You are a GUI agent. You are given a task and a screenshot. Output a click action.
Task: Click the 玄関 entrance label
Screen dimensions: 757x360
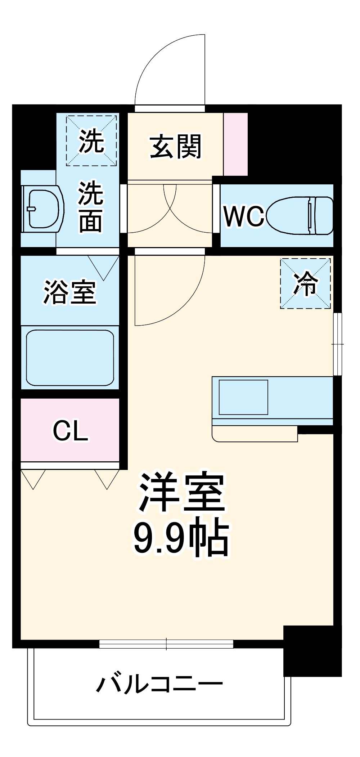coord(175,147)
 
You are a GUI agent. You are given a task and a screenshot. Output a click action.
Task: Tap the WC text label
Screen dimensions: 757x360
coord(244,216)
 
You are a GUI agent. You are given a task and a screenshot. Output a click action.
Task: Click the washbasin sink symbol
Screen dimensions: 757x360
coord(42,209)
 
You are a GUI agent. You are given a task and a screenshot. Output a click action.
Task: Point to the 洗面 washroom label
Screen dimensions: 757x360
coord(91,207)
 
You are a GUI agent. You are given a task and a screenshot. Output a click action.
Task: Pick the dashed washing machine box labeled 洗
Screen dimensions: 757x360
coord(91,141)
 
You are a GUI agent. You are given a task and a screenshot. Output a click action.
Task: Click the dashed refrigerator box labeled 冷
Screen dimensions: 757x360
coord(305,283)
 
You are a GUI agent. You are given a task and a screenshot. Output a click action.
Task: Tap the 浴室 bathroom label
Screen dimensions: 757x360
coord(70,292)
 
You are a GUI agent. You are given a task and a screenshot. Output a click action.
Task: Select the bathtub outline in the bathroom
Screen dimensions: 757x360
coord(70,358)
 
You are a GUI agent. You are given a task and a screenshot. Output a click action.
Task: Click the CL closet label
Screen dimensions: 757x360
coord(70,430)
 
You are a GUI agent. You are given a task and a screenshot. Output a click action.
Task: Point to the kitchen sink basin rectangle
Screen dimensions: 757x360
coord(243,397)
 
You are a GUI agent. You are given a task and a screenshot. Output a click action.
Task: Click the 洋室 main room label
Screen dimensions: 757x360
coord(182,493)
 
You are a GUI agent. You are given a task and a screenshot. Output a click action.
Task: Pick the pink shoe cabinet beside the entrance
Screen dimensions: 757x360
coord(235,144)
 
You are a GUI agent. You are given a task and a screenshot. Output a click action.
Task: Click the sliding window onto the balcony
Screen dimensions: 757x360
coord(166,644)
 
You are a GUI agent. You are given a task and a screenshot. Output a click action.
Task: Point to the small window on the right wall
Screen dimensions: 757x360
coord(337,344)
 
